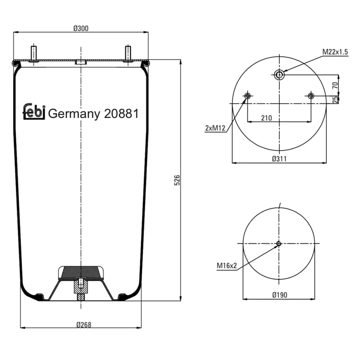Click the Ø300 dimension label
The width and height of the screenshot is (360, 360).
81,28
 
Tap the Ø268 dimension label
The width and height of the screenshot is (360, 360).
84,325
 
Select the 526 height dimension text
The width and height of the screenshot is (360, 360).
177,180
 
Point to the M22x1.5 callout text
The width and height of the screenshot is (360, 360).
335,52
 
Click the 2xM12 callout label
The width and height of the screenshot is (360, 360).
215,128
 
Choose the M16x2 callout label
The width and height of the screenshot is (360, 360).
227,265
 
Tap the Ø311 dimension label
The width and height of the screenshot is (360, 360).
279,159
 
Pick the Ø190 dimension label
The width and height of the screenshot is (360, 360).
280,295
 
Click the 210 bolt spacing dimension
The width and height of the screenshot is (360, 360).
266,118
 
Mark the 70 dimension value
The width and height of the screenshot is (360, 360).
335,85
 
